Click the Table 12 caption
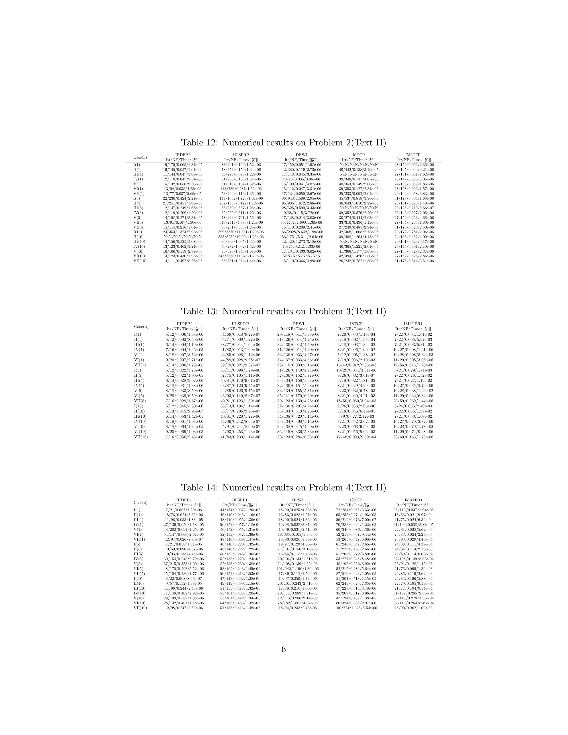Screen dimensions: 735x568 [283, 143]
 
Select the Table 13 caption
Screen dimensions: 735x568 [283, 311]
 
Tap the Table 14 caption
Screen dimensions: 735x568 [283, 488]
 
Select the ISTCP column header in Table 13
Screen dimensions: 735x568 [356, 324]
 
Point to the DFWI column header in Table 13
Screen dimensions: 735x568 [298, 324]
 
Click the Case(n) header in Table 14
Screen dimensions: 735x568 [140, 503]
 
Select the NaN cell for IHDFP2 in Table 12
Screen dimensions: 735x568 [183, 237]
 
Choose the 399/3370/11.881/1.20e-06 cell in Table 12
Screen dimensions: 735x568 [241, 232]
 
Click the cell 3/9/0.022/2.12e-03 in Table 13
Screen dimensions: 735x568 [356, 416]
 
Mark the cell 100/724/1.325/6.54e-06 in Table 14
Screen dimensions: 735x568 [356, 608]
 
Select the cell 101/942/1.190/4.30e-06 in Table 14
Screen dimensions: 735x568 [298, 569]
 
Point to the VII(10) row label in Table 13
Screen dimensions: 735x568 [141, 437]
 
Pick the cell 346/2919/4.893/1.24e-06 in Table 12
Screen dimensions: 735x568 [241, 223]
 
